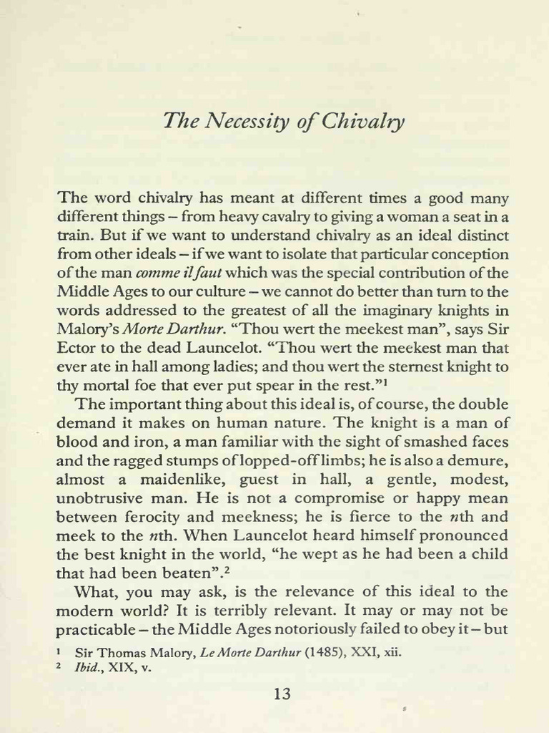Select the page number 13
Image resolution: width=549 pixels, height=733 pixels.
point(283,694)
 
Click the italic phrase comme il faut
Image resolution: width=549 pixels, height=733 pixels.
point(179,272)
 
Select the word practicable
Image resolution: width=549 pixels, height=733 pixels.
point(95,628)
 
